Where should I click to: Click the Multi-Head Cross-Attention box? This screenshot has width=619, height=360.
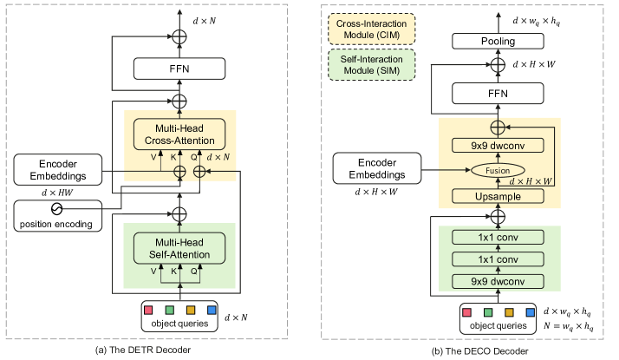click(x=179, y=133)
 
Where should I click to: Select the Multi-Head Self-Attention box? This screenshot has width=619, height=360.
click(x=179, y=247)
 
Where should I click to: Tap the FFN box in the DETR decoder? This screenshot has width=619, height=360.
click(x=179, y=69)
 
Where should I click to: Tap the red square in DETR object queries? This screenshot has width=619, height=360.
click(x=149, y=310)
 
